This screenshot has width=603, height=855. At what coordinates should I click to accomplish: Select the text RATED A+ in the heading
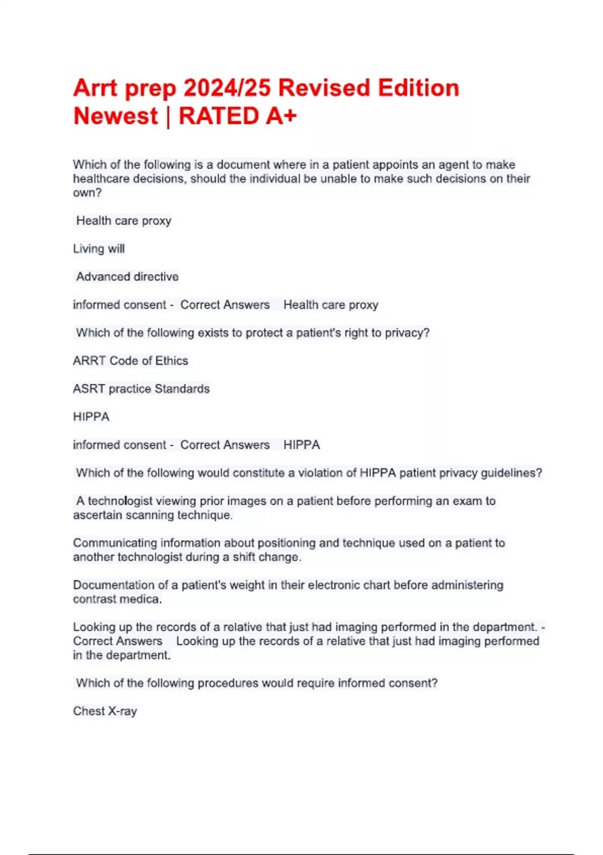[238, 116]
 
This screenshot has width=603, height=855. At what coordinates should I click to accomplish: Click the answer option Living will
[98, 249]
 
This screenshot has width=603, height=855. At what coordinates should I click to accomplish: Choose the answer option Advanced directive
[127, 277]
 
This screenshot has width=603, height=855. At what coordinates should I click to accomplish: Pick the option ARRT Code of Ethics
[130, 361]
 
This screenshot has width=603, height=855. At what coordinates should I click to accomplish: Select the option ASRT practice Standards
[141, 389]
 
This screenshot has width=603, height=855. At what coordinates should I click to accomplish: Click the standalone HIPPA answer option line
[91, 417]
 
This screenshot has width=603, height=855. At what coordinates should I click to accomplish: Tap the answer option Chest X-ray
[105, 711]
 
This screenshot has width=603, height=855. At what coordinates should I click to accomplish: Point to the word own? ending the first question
[87, 193]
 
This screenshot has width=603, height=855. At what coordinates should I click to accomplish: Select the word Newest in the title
[116, 116]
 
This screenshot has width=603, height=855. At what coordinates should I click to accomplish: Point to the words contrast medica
[117, 599]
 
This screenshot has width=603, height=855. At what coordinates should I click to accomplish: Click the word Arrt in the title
[95, 88]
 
